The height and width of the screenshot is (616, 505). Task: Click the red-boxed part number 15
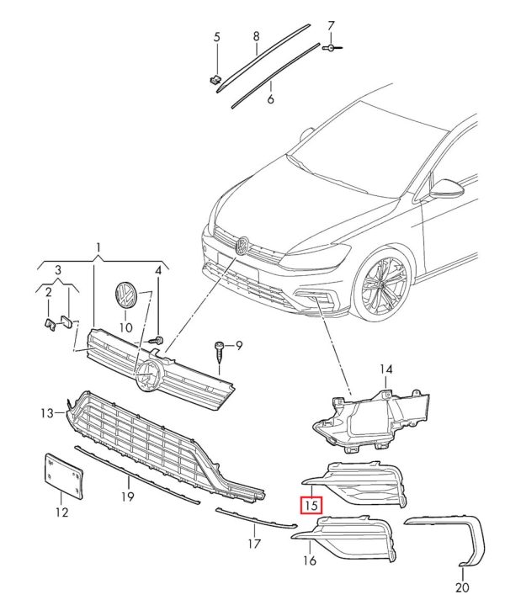click(312, 506)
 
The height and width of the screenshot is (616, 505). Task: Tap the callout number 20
click(461, 587)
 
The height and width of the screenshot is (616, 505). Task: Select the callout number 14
click(386, 369)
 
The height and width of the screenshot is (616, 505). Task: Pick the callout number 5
click(216, 37)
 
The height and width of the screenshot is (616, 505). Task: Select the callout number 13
click(47, 412)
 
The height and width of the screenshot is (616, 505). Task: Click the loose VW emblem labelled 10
click(125, 297)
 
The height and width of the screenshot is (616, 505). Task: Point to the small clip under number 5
click(214, 80)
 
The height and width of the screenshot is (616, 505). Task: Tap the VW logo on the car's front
click(240, 245)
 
